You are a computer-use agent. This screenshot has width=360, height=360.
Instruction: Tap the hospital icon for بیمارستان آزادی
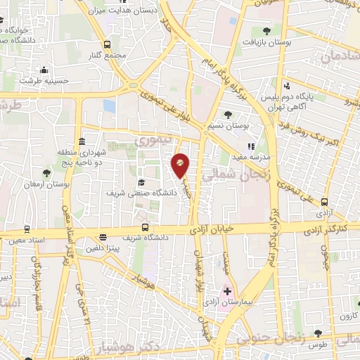[227, 290]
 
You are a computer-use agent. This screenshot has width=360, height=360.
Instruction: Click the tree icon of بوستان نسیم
[228, 115]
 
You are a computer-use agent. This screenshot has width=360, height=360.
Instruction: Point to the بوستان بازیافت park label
[283, 43]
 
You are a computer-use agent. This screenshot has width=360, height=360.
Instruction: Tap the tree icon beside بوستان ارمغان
[46, 173]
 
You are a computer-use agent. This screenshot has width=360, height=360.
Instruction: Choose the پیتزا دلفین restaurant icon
[103, 237]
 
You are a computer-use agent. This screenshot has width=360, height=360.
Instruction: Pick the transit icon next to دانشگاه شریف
[145, 227]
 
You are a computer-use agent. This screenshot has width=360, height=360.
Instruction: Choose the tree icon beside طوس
[319, 332]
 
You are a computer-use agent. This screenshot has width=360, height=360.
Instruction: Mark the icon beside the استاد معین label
[27, 229]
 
